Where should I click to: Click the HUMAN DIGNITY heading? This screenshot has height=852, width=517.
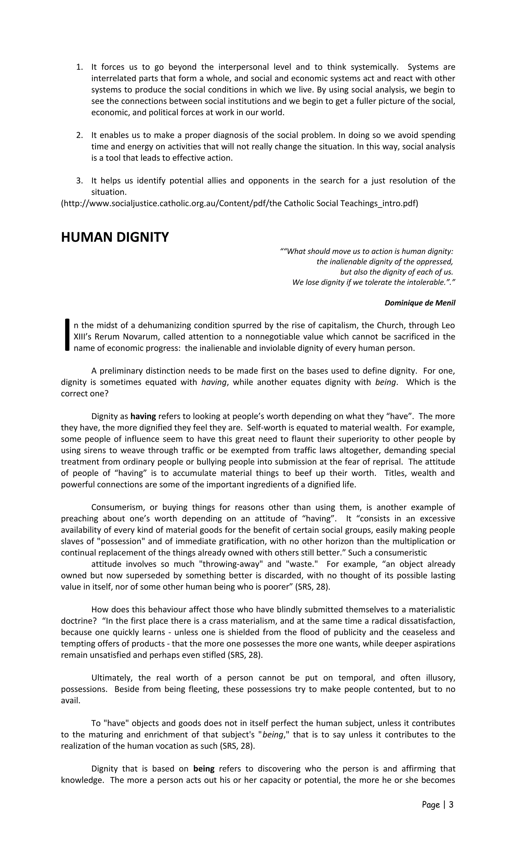click(115, 237)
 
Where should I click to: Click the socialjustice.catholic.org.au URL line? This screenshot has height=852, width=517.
click(239, 203)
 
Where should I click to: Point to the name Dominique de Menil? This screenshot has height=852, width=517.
click(420, 303)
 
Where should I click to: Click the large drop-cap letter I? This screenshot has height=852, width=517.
click(67, 335)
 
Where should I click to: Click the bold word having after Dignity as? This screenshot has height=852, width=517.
click(143, 416)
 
